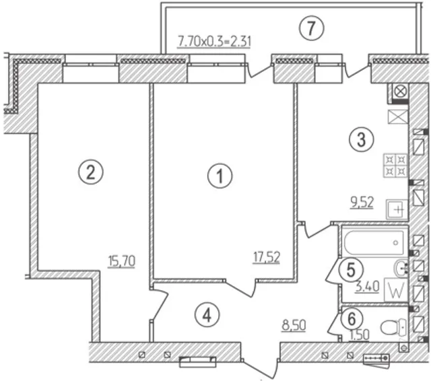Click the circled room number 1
pos(220,176)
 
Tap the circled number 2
pos(91,172)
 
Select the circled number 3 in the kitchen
pos(362,139)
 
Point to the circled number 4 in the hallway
pos(207,315)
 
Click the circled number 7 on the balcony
pos(312,27)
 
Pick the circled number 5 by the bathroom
pos(351,270)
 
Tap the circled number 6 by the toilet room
pos(352,319)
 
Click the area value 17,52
pos(267,258)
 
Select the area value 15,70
pos(122,261)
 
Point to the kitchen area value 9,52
pos(362,203)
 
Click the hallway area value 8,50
pos(294,326)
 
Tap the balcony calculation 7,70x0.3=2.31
pos(214,42)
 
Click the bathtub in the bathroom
pos(374,242)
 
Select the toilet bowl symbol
pos(393,327)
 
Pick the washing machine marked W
pos(396,290)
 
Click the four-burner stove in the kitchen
pos(395,165)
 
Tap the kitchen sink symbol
pos(397,209)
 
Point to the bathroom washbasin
pos(401,267)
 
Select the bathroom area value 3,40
pos(368,287)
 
